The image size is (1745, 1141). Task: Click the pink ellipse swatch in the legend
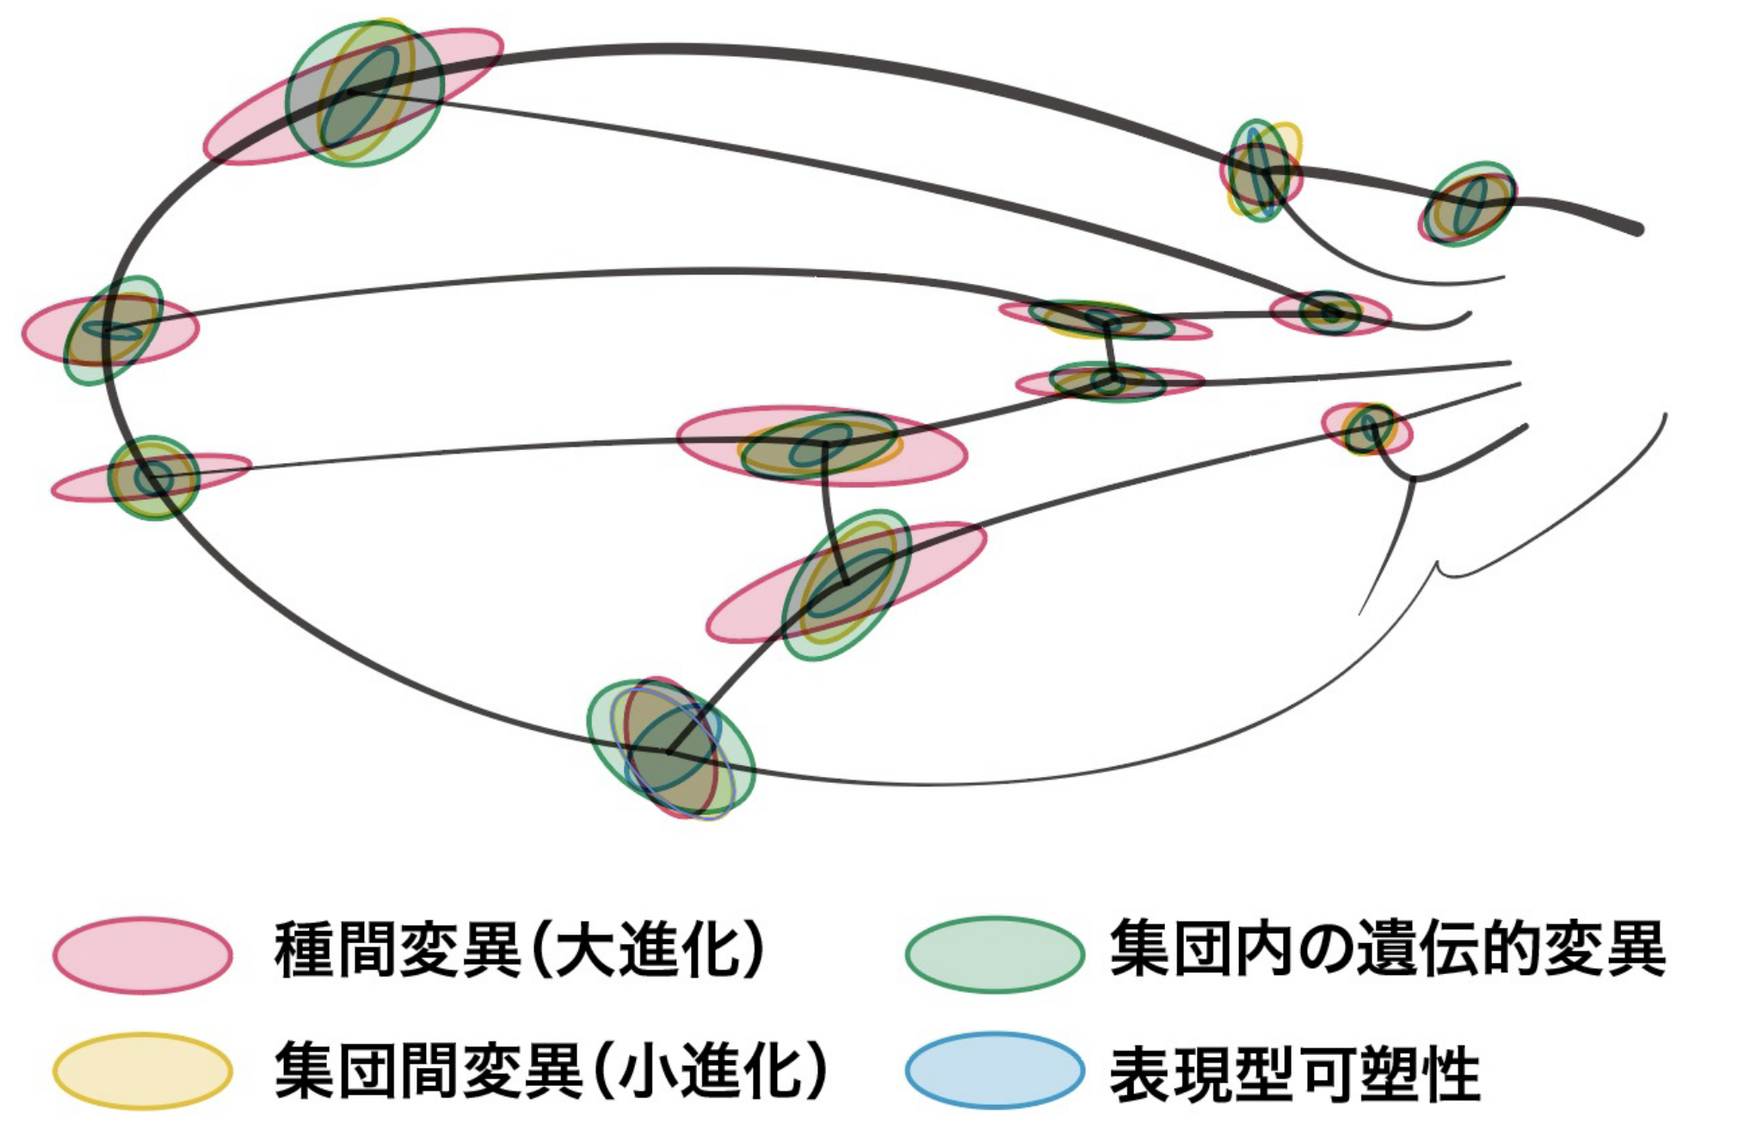(x=142, y=954)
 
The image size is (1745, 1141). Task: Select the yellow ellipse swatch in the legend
(x=142, y=1070)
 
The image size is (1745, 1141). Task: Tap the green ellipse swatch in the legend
(x=994, y=954)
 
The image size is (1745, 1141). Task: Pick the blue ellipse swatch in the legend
(x=994, y=1070)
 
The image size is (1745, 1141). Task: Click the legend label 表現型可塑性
(x=1294, y=1072)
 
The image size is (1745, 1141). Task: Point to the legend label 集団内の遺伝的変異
(x=1387, y=950)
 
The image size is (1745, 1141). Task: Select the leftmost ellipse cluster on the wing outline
(x=110, y=330)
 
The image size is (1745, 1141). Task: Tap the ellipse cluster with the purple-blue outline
(x=671, y=749)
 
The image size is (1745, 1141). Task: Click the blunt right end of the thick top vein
(x=1637, y=229)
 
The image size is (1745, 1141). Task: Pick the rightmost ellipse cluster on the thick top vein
(x=1468, y=204)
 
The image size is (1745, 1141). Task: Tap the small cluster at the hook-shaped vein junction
(x=1367, y=429)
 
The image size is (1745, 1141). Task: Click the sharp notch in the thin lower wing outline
(x=1437, y=565)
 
